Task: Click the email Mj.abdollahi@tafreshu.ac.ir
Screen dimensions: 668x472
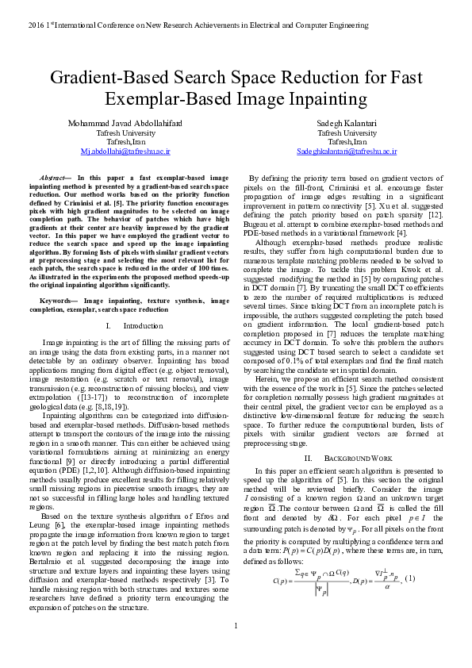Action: (x=125, y=150)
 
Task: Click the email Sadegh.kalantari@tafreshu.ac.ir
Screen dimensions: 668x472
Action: (x=347, y=150)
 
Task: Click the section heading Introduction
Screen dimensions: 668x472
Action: (x=143, y=325)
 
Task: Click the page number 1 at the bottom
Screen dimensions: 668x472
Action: (x=236, y=647)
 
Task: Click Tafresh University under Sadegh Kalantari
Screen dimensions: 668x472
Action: (x=347, y=133)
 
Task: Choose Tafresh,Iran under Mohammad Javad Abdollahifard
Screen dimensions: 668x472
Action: (x=125, y=141)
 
